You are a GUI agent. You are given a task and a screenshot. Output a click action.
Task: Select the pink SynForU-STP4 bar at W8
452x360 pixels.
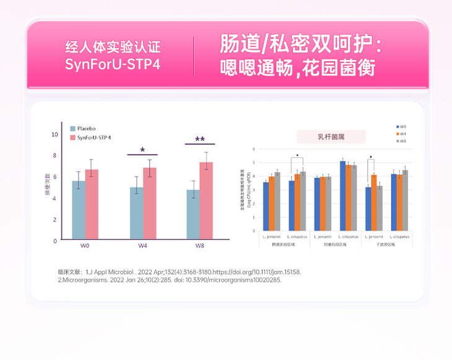point(206,201)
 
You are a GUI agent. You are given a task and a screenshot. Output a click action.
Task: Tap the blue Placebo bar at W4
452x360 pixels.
point(136,213)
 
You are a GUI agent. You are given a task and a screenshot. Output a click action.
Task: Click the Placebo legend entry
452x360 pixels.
point(85,127)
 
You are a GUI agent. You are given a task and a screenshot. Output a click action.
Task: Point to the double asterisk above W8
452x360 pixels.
point(199,140)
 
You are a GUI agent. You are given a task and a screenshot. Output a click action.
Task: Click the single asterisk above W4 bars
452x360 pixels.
point(142,150)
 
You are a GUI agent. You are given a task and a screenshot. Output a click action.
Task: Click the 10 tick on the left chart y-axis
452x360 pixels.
point(55,134)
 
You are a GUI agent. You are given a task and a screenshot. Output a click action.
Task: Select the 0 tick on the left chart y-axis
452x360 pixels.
point(55,241)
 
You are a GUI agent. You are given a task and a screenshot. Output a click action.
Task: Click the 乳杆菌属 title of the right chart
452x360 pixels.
point(332,137)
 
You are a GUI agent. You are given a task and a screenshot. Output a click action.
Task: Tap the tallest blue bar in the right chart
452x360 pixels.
point(342,196)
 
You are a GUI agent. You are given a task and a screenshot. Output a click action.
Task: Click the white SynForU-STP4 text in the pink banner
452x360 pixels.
point(112,64)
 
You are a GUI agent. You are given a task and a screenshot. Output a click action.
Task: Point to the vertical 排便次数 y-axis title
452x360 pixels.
point(47,188)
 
